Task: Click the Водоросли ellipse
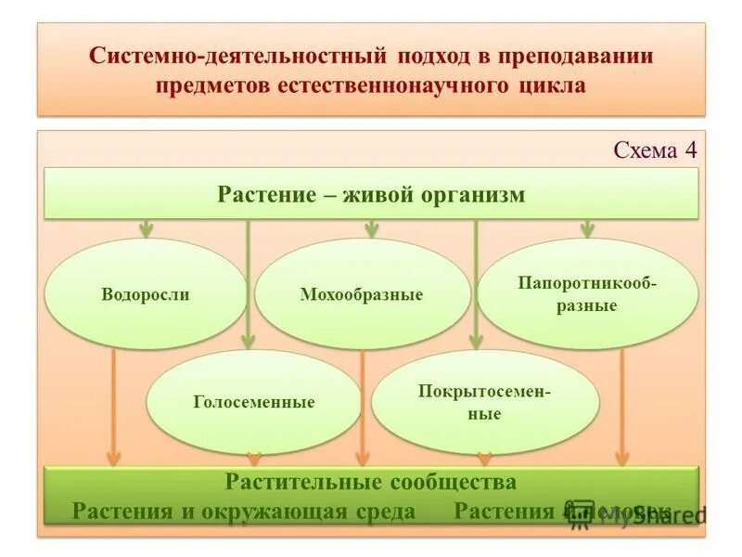coord(146,294)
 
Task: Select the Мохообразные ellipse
coord(362,294)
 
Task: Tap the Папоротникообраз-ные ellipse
coord(587,293)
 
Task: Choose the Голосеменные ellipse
coord(254,402)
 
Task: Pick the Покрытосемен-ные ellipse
coord(485,402)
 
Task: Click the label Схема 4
coord(655,151)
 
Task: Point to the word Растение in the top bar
coord(261,195)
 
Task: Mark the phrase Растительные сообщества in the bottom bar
coord(370,483)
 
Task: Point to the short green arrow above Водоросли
coord(146,228)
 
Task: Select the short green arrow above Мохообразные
coord(371,228)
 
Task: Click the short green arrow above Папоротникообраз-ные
coord(587,228)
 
